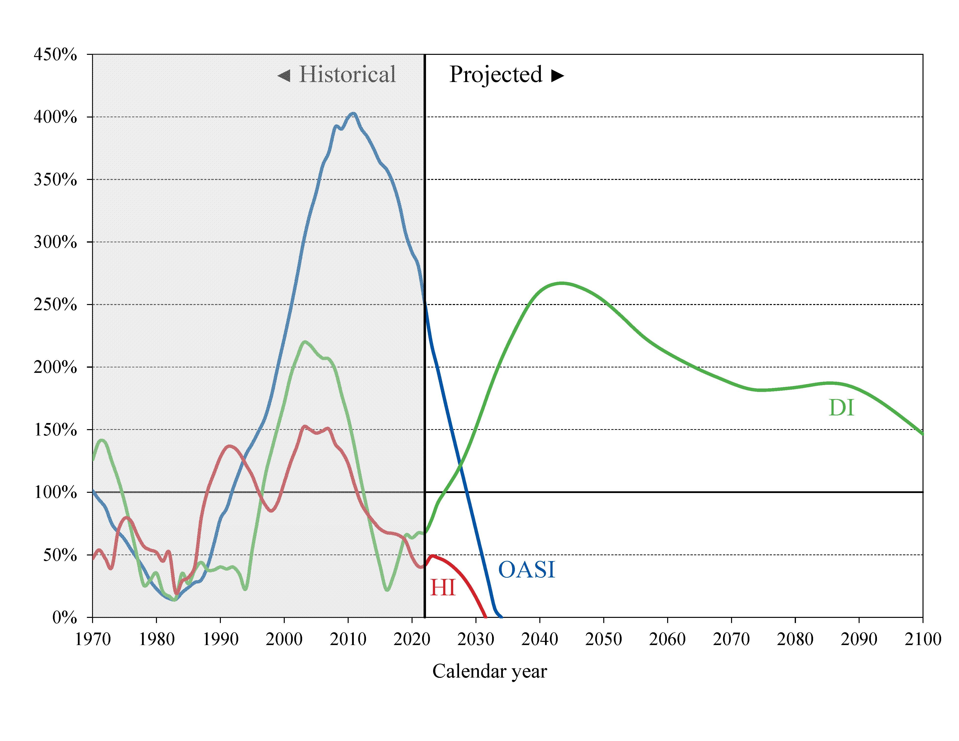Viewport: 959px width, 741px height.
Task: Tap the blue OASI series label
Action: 526,570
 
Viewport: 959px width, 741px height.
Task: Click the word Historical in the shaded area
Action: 347,74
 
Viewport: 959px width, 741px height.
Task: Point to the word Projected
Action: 495,74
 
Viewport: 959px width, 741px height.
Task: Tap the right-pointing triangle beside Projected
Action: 558,76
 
